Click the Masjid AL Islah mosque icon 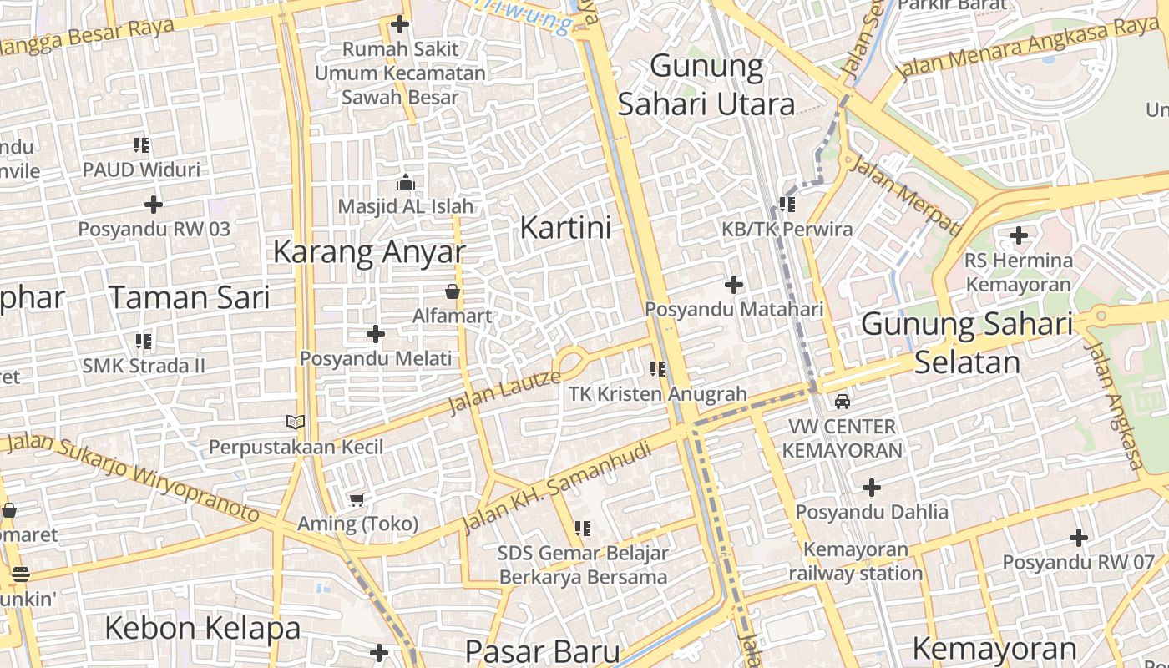coord(406,182)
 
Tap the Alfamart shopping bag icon coord(452,291)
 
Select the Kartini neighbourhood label coord(565,227)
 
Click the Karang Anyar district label coord(368,251)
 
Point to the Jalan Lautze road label coord(504,392)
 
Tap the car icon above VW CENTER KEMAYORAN coord(843,402)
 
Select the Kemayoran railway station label coord(855,561)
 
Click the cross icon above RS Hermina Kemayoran coord(1018,235)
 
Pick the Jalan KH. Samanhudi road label coord(556,487)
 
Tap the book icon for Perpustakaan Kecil coord(296,422)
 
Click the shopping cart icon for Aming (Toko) coord(357,500)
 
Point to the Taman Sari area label coord(190,297)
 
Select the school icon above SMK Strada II coord(144,341)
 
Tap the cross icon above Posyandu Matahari coord(733,285)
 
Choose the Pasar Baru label coord(542,651)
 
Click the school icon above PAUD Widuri coord(141,145)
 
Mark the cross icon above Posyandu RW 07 coord(1078,538)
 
